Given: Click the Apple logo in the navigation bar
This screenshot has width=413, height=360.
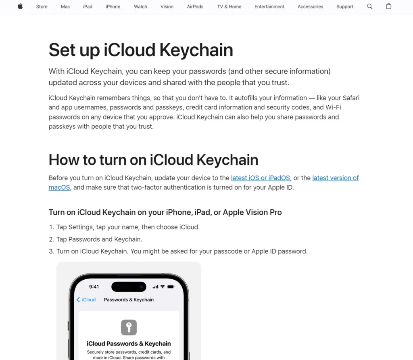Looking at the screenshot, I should [x=20, y=6].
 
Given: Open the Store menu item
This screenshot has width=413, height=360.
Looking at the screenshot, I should [x=42, y=6].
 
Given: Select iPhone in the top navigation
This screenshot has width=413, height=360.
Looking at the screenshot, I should [x=113, y=6].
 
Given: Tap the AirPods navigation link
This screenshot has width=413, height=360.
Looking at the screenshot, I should [x=195, y=6].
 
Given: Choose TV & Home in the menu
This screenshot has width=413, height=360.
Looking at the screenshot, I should [x=229, y=6].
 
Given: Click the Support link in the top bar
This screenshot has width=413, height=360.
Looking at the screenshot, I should [x=345, y=6].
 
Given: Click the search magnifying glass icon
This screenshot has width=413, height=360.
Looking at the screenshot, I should [x=370, y=6].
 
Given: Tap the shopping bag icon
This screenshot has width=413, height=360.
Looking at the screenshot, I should [x=389, y=6].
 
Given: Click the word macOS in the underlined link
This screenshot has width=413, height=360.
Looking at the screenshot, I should [x=59, y=188].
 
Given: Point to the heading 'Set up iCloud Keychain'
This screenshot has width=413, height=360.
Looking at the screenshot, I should [x=141, y=50].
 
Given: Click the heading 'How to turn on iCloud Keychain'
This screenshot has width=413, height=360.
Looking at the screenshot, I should [x=153, y=160].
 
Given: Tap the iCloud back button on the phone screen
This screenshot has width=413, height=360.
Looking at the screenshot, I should [x=86, y=299].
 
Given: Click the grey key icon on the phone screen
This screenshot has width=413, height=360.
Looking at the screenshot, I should [x=129, y=327].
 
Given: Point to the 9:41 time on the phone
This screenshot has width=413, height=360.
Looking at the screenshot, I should [x=94, y=287].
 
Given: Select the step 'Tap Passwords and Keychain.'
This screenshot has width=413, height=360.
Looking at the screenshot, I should [x=99, y=239].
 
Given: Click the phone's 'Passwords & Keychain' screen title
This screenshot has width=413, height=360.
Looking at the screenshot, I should [x=129, y=299].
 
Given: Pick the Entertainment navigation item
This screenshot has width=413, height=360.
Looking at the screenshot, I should [x=269, y=6].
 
